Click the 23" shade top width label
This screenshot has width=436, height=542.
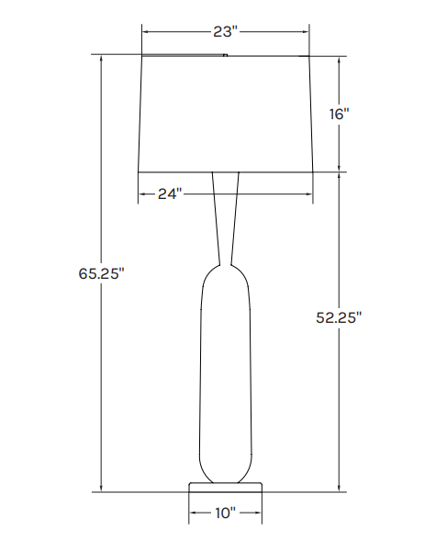(x=225, y=31)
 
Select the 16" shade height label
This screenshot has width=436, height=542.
(x=340, y=114)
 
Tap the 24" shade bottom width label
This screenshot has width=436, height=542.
(x=169, y=194)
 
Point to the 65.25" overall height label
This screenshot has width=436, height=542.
(x=100, y=272)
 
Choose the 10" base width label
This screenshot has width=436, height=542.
(x=225, y=513)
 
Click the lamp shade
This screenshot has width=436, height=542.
(x=226, y=113)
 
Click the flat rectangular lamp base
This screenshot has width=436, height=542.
(x=226, y=485)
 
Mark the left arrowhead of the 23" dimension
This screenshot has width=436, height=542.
(x=145, y=31)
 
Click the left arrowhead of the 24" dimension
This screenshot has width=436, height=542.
(x=141, y=194)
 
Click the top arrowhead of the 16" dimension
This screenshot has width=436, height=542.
(x=341, y=60)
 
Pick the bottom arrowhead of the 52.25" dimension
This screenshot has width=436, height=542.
(x=341, y=488)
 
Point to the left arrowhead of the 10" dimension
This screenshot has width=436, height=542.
(x=193, y=513)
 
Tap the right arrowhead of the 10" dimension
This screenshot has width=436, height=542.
(x=259, y=513)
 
